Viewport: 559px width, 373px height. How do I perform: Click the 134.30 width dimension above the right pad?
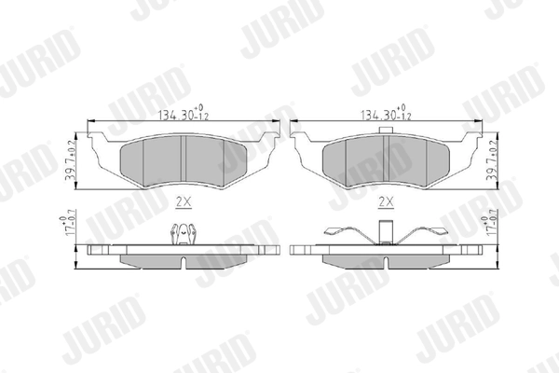[x=381, y=117]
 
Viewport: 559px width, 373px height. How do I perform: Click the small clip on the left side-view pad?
[x=180, y=235]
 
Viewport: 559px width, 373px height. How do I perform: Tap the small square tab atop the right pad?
[x=384, y=132]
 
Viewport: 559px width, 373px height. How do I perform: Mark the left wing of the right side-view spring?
[x=345, y=237]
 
